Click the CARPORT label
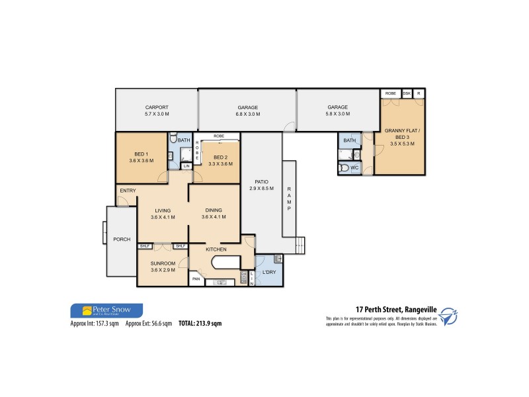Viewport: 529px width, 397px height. (157, 107)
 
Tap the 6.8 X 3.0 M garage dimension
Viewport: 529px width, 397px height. (248, 114)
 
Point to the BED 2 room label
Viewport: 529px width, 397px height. (220, 157)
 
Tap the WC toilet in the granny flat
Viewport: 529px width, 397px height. (344, 168)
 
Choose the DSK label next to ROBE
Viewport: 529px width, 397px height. (407, 93)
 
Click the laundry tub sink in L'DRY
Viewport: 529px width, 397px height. (278, 259)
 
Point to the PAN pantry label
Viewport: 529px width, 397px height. (196, 279)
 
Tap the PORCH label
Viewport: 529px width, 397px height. (122, 239)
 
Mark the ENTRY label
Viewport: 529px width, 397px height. (128, 191)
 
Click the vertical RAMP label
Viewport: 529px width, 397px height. (289, 198)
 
